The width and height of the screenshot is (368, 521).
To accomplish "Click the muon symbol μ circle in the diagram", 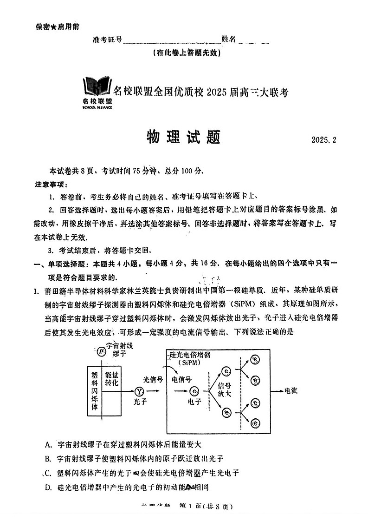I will pyautogui.click(x=99, y=350).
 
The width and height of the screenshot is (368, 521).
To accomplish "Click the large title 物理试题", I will pyautogui.click(x=184, y=137).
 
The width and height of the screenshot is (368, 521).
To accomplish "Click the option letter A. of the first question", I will pyautogui.click(x=48, y=445).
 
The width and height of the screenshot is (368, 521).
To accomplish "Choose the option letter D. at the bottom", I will pyautogui.click(x=48, y=487).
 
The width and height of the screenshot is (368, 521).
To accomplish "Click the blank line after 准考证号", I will pyautogui.click(x=172, y=41).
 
